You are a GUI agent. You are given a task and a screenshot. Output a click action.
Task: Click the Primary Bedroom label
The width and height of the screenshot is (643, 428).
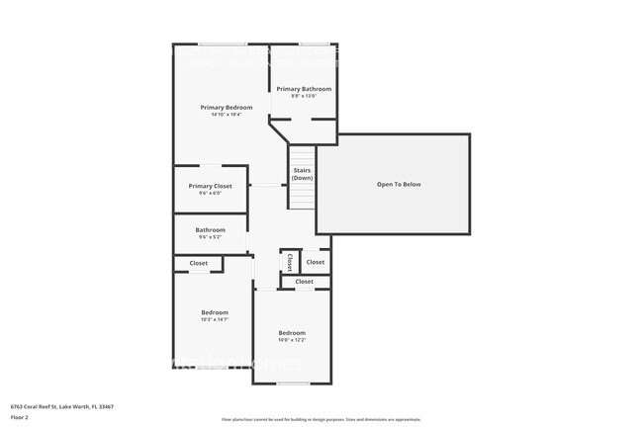[x=226, y=107]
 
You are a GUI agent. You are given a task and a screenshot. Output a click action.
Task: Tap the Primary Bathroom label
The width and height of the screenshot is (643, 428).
[x=304, y=89]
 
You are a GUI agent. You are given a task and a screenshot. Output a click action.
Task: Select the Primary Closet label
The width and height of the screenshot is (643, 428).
[x=210, y=186]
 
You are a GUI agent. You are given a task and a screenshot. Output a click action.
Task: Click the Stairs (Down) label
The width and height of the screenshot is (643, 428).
[x=302, y=174]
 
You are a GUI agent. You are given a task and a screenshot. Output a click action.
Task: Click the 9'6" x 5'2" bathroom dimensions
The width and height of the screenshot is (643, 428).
[x=210, y=237]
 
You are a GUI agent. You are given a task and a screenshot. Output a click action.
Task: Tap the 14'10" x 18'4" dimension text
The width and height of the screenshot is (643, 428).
[x=226, y=115]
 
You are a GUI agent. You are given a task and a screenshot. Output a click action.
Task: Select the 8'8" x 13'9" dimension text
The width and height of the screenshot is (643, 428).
[x=304, y=96]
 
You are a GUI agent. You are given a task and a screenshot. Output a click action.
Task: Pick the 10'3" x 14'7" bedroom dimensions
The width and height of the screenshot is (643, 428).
[x=215, y=319]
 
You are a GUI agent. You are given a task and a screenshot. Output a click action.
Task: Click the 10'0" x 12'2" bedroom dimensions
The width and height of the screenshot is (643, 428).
[x=292, y=340]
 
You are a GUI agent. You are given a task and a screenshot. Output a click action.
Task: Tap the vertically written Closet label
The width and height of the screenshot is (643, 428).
[x=290, y=263]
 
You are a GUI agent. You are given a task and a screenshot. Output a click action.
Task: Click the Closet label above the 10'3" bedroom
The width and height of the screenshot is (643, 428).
[x=199, y=263]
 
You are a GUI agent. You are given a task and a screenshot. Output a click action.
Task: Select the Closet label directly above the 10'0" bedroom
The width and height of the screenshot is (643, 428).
[x=304, y=282]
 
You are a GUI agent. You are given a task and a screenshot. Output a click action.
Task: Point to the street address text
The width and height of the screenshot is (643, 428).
[x=61, y=406]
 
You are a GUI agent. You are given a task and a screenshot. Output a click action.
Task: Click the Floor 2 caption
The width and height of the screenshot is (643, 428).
[x=20, y=417]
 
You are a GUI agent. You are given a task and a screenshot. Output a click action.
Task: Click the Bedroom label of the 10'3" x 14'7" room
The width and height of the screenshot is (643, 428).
[x=215, y=312]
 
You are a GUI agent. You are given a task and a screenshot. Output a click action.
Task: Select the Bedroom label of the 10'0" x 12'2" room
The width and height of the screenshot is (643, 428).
[x=292, y=332]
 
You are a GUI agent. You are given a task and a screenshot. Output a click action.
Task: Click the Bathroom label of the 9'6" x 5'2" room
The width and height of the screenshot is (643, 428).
[x=210, y=229]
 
